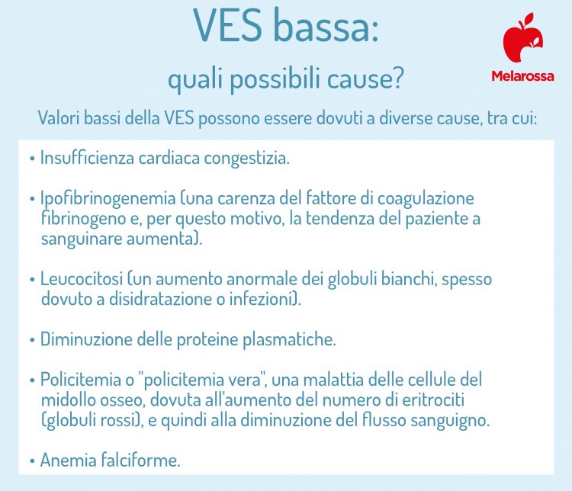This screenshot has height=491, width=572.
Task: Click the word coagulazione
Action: (x=428, y=199)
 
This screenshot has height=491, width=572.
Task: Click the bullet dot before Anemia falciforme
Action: (x=31, y=461)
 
